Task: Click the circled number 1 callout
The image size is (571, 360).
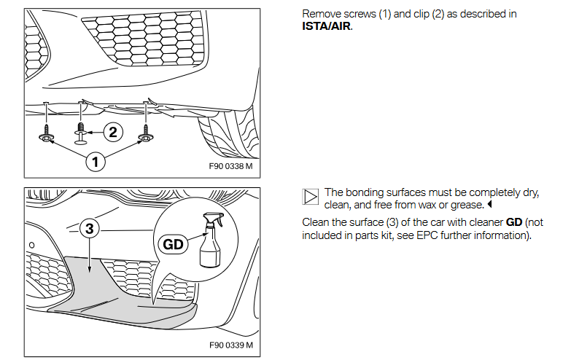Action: pos(93,161)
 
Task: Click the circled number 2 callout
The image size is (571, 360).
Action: pos(112,132)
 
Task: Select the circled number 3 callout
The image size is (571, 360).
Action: pos(89,229)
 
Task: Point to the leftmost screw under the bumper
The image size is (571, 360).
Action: pos(46,134)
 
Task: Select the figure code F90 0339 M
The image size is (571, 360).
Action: pos(231,345)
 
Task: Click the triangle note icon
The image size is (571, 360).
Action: pos(310,195)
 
